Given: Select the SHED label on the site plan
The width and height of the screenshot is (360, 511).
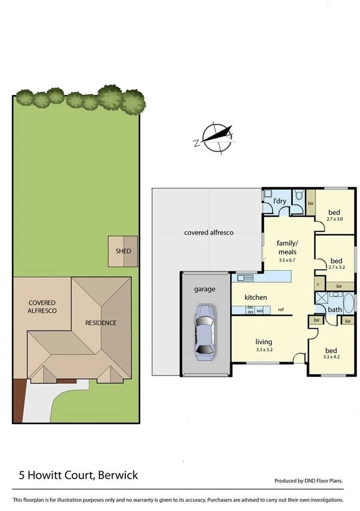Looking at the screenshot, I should point(123,251).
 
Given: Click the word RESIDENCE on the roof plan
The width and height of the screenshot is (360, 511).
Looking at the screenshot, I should point(100,323).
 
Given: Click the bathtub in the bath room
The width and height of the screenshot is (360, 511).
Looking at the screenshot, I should point(348,303).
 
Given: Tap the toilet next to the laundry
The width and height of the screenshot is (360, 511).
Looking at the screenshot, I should point(299,195).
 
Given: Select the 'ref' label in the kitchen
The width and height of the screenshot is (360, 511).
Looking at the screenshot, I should point(281,310).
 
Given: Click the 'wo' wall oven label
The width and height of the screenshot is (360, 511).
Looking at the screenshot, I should point(259,311).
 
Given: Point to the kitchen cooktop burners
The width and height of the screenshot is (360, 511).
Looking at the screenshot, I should point(249,310).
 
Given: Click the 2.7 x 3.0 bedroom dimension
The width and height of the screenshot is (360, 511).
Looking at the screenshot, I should point(335,219).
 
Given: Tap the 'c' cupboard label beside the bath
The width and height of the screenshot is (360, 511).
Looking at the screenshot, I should point(319,284).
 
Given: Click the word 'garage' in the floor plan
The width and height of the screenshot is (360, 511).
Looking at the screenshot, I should point(204,289).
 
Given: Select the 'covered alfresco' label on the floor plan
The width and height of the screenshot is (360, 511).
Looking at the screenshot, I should point(209,233).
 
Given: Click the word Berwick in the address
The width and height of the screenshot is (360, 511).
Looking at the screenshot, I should point(118,475).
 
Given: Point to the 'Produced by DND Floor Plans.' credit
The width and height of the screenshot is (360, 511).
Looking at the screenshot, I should point(308,481).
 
